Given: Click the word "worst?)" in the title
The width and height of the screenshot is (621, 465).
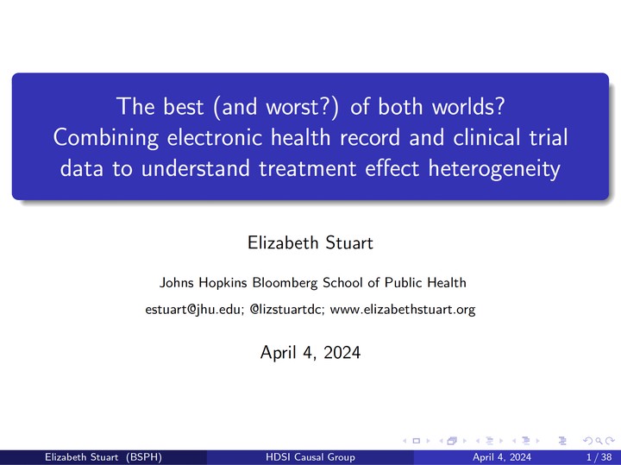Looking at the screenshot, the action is (x=302, y=107).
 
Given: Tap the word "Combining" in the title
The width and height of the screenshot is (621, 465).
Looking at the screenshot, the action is (x=106, y=138).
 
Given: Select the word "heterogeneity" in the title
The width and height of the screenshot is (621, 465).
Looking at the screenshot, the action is (x=494, y=169).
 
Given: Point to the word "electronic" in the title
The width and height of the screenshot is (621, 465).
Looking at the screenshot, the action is (x=215, y=137).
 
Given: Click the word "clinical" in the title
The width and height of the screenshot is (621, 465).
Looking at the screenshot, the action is (x=486, y=137).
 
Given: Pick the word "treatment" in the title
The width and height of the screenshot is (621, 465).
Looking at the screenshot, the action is (x=307, y=168).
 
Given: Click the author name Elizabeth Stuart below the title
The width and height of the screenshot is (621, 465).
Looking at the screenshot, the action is (x=310, y=242).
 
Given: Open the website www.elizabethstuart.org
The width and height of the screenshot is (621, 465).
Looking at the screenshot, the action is (x=403, y=310).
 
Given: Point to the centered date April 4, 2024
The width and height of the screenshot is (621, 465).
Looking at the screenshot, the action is (x=310, y=353).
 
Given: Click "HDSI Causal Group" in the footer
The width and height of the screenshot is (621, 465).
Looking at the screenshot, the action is (x=310, y=457).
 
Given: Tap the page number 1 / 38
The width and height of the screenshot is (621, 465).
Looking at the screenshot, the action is (x=599, y=457).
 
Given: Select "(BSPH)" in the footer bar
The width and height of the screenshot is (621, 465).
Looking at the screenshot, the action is (x=144, y=457).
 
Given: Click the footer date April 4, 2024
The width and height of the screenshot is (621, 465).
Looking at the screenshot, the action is (x=502, y=457).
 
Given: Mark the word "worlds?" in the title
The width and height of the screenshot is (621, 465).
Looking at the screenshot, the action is (x=468, y=107).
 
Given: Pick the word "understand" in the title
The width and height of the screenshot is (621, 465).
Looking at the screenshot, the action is (x=195, y=168).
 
